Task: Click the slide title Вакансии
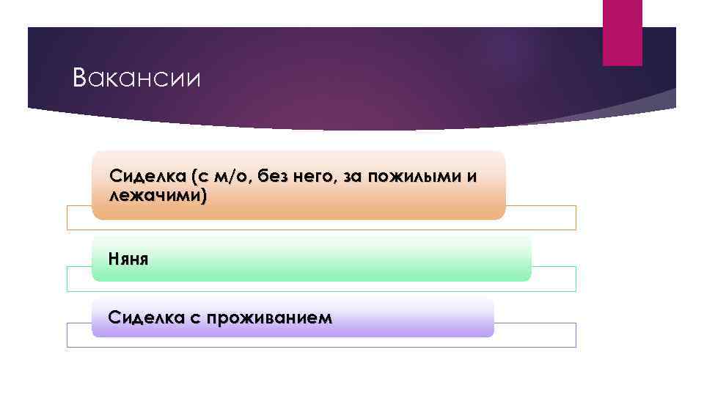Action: (x=136, y=78)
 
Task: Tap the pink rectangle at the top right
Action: (x=622, y=32)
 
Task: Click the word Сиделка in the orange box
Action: (x=146, y=176)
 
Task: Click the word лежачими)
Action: (x=157, y=196)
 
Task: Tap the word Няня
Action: (x=128, y=258)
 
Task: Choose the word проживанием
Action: (x=268, y=318)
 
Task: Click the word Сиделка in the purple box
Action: (x=145, y=318)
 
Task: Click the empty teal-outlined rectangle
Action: (x=554, y=279)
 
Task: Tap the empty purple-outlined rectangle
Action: (x=535, y=334)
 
